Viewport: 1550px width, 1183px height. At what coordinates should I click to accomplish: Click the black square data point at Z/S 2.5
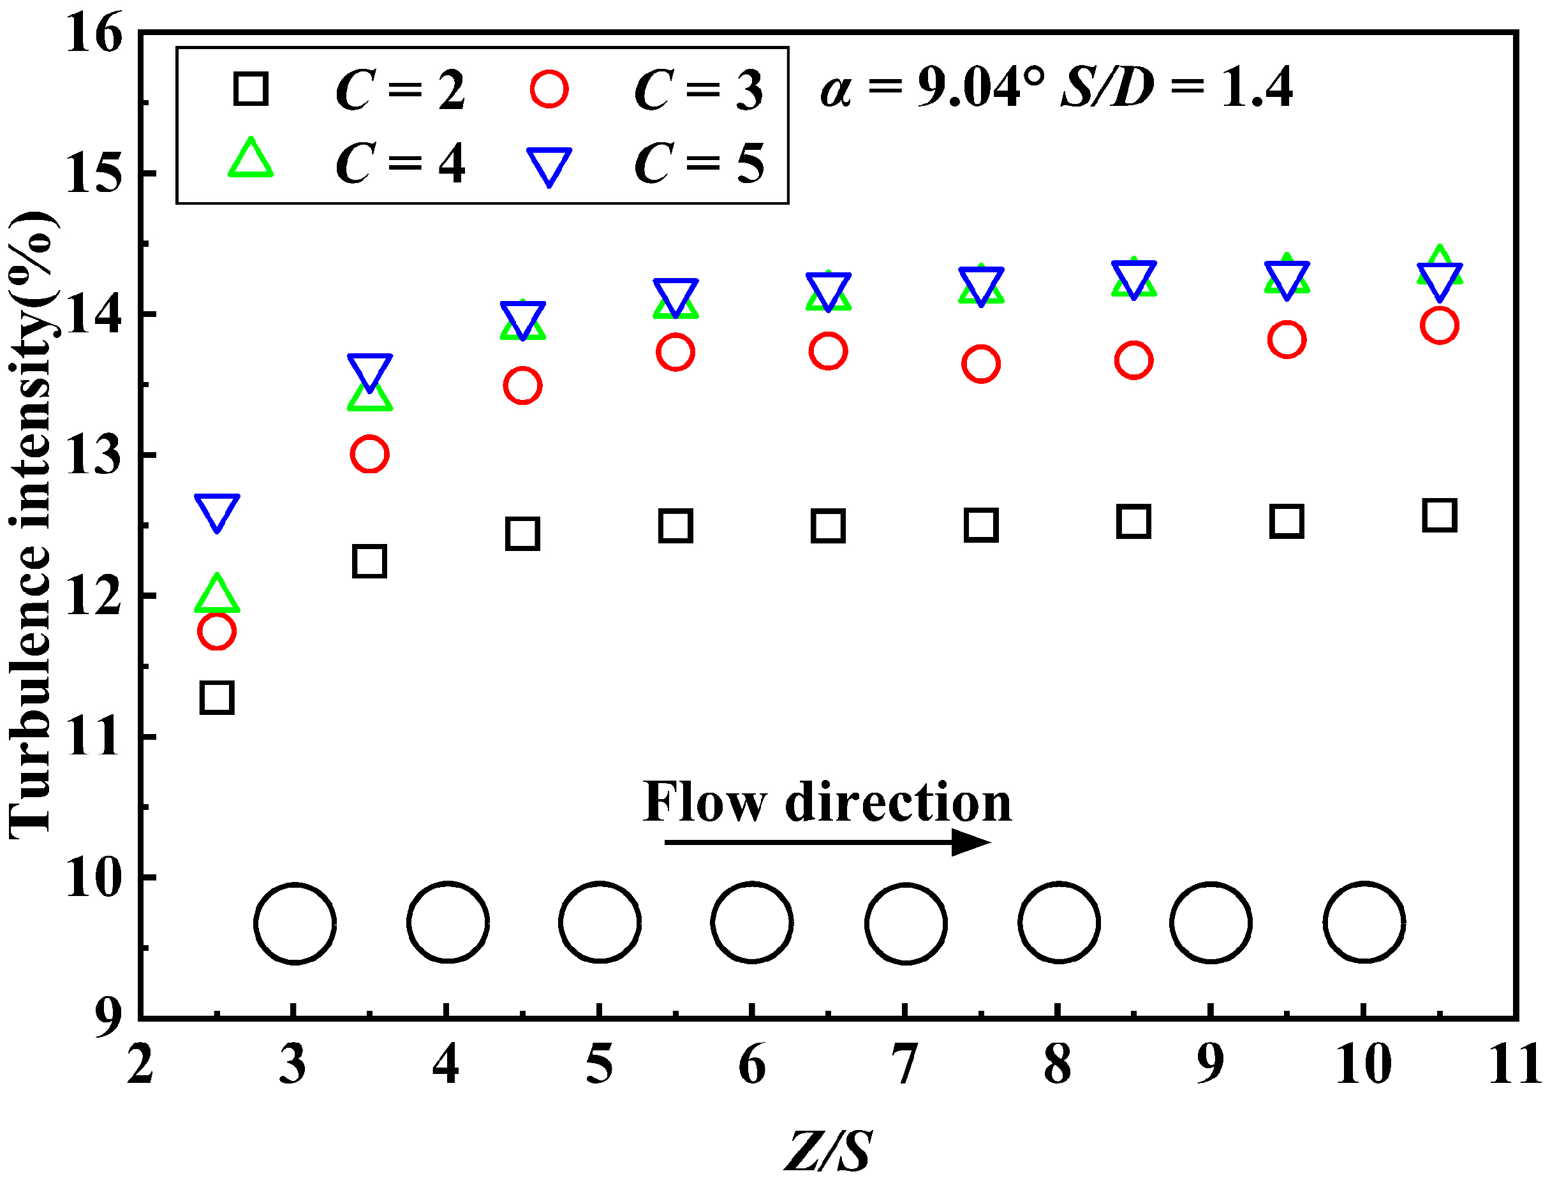[217, 698]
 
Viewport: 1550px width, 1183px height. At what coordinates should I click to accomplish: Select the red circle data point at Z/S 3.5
[369, 454]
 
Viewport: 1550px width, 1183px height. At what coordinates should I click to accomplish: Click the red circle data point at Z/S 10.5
[1439, 325]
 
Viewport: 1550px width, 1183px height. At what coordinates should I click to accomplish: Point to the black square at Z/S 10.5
[1439, 515]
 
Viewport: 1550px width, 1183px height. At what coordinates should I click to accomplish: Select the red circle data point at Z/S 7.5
[980, 364]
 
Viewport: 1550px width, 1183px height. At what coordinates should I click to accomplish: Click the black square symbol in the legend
[251, 89]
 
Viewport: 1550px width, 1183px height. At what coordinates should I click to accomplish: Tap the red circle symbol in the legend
[549, 89]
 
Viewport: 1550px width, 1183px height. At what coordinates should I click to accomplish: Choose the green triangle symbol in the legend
[251, 159]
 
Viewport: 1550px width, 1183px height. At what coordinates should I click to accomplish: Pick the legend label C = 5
[698, 163]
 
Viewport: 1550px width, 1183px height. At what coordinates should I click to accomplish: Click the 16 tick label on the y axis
[94, 34]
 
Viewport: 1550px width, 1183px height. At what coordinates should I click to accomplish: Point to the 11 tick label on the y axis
[94, 738]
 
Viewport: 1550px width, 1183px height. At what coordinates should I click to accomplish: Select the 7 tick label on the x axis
[905, 1066]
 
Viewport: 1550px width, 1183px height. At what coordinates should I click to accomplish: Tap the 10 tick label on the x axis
[1363, 1066]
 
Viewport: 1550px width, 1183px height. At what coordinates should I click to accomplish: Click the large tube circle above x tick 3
[294, 922]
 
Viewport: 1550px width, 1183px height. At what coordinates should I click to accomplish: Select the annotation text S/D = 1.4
[1177, 88]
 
